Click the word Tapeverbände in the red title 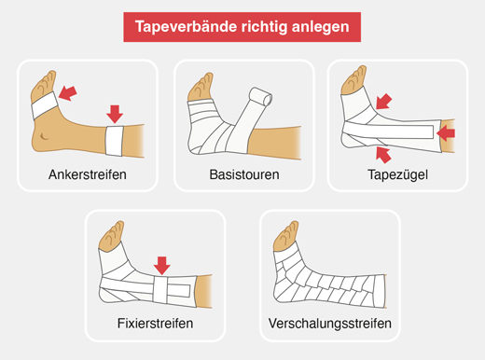[x=186, y=26]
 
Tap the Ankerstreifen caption [x=88, y=174]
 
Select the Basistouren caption [x=244, y=174]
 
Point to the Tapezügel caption [x=397, y=175]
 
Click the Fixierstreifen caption [x=155, y=324]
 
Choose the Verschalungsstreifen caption [x=330, y=324]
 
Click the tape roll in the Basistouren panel [x=261, y=97]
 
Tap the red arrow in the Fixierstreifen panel [x=162, y=266]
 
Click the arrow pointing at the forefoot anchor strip [x=67, y=93]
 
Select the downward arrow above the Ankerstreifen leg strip [x=115, y=114]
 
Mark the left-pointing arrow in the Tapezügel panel [x=446, y=133]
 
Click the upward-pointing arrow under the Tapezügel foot [x=383, y=155]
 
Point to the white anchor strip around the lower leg [x=115, y=141]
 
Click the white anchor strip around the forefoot [x=45, y=105]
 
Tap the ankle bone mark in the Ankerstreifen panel [x=45, y=136]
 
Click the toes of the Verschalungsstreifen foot [x=286, y=236]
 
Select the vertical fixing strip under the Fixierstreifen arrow [x=160, y=289]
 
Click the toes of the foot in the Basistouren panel [x=201, y=87]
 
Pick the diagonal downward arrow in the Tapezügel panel [x=383, y=102]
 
